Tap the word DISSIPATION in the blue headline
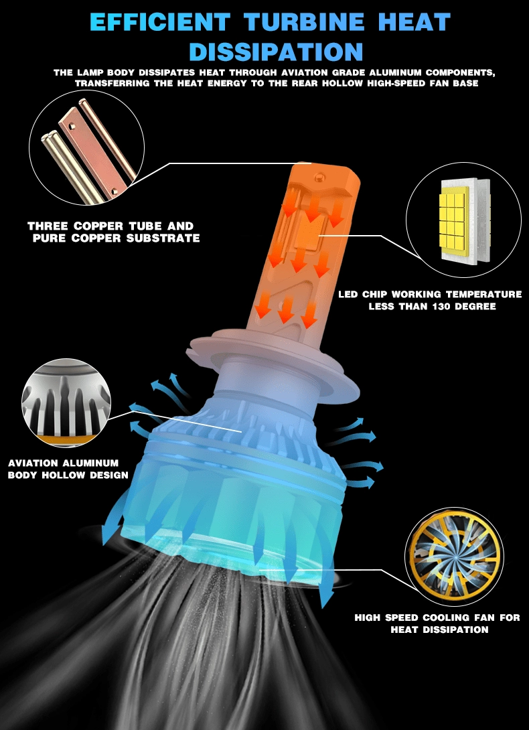(276, 52)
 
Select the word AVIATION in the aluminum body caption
(36, 463)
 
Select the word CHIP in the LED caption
(377, 294)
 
